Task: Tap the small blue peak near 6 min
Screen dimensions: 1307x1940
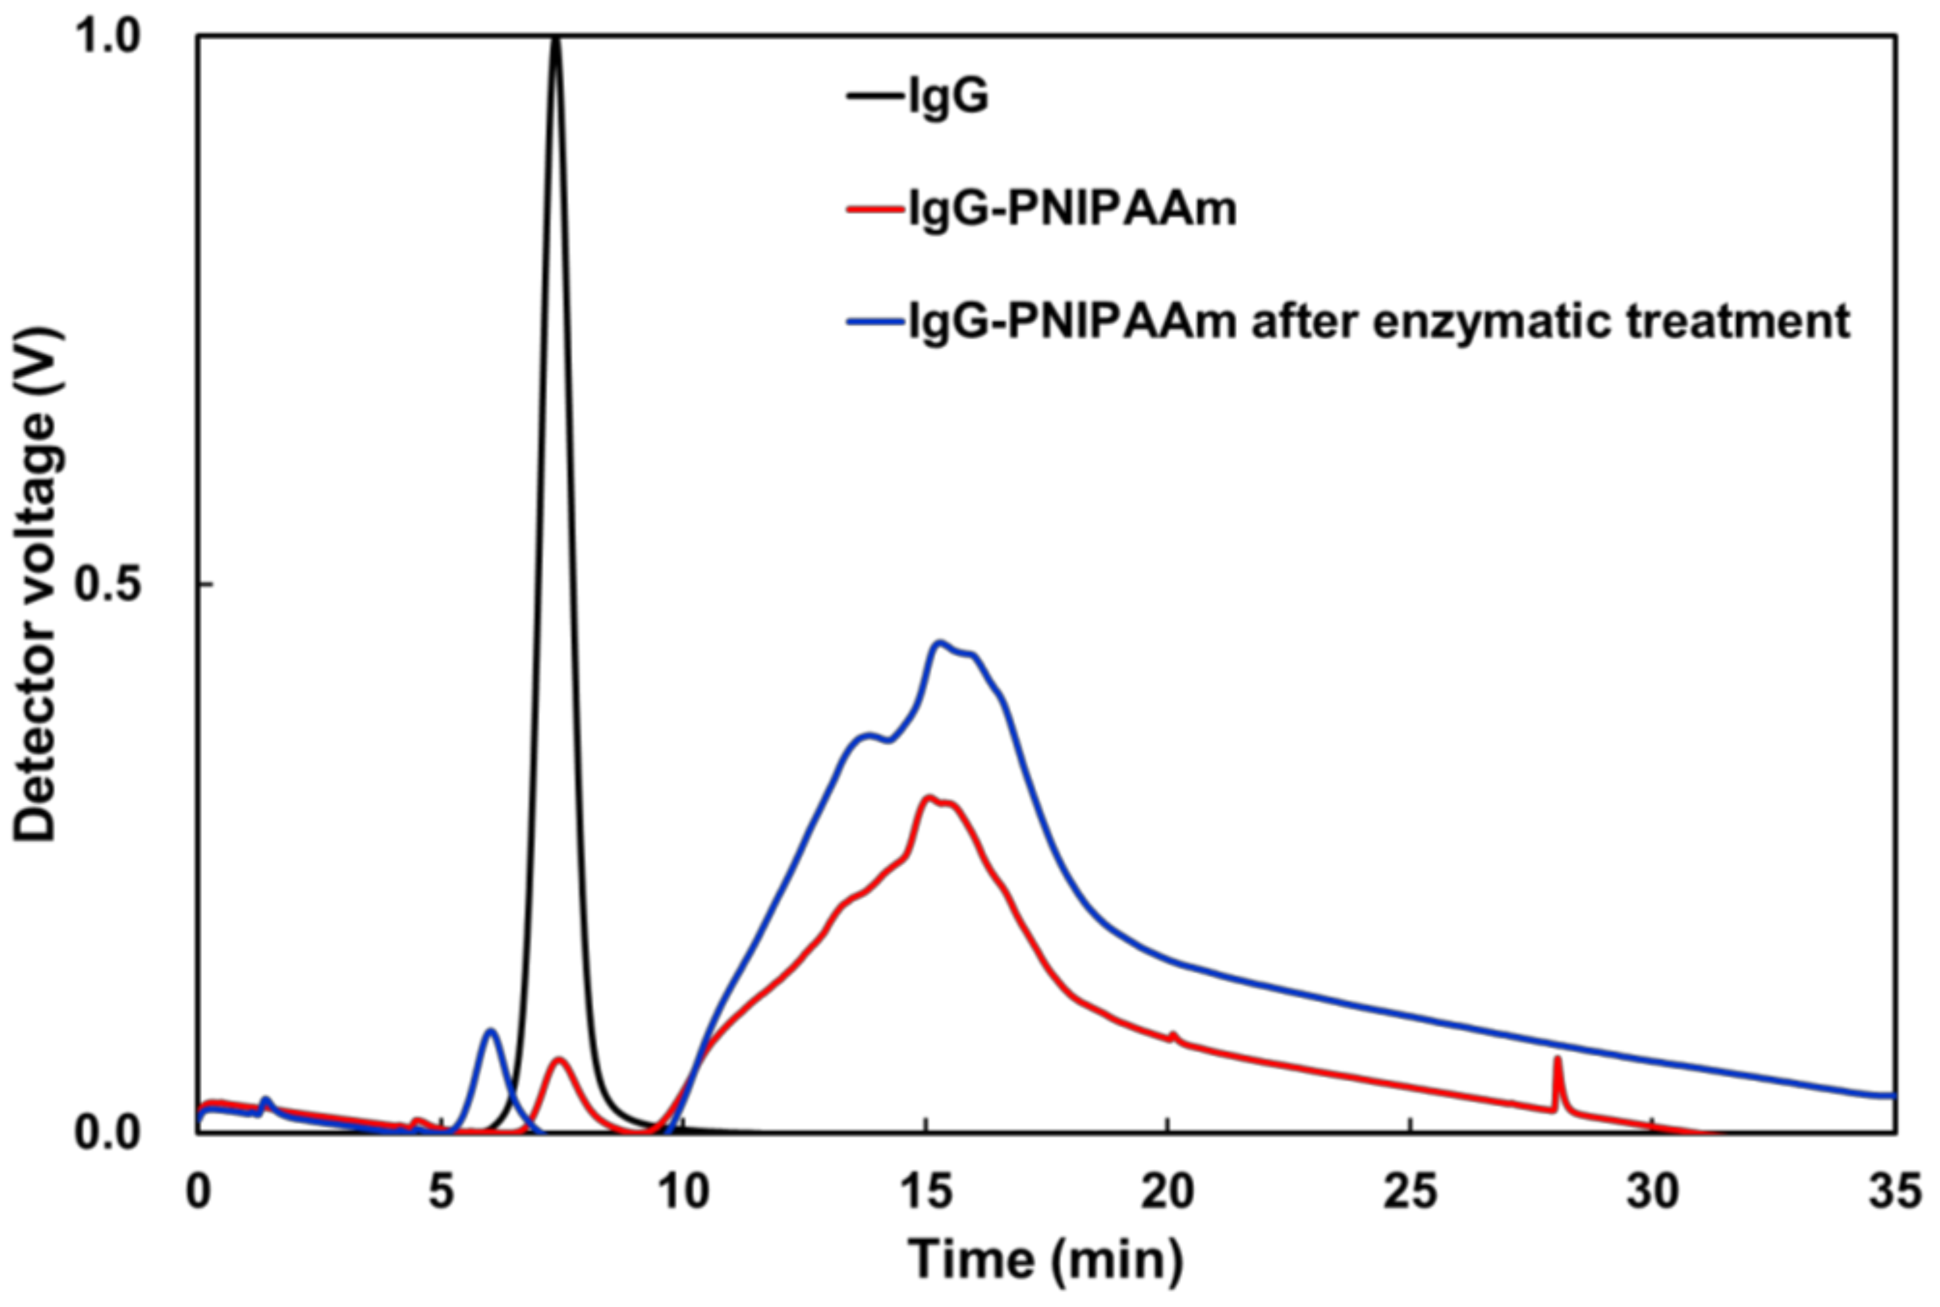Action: coord(491,1032)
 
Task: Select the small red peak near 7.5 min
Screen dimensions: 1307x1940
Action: coord(560,1060)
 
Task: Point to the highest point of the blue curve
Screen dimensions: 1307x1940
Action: coord(940,643)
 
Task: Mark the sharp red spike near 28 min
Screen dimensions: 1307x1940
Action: coord(1557,1059)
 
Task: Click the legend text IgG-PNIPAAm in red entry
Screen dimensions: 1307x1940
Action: coord(1072,208)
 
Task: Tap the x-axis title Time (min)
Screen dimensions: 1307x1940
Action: coord(1046,1259)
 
